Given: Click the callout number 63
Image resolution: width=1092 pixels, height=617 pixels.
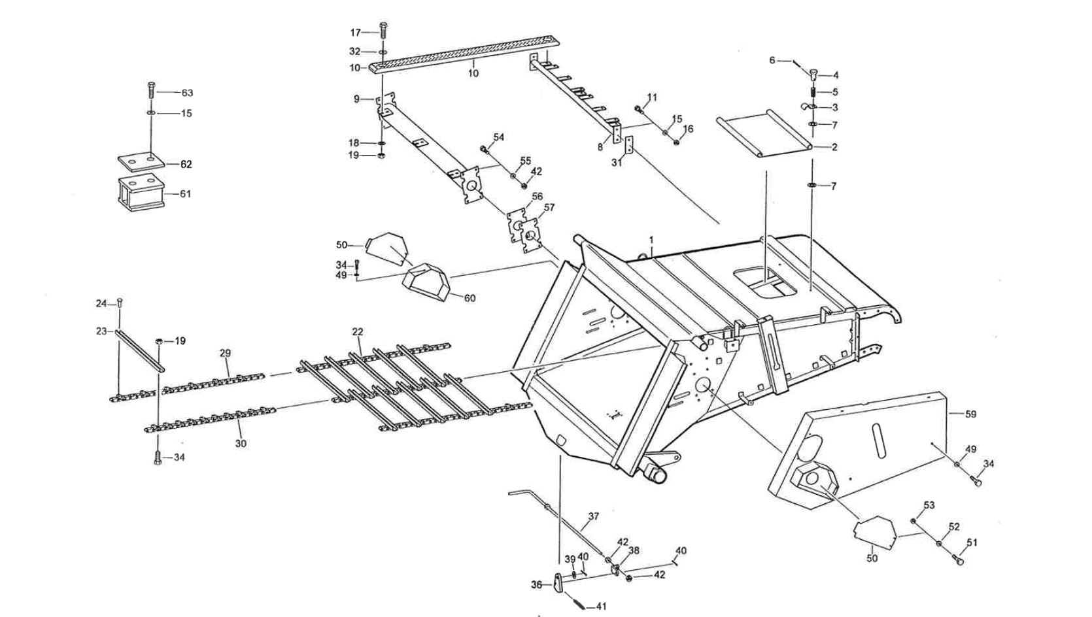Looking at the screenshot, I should [x=187, y=93].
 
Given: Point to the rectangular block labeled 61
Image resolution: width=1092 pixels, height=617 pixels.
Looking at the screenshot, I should [x=140, y=194].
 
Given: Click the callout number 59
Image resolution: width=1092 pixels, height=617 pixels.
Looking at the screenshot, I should [x=970, y=414].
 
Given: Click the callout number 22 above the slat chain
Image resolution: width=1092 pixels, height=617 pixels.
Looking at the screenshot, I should [x=357, y=332].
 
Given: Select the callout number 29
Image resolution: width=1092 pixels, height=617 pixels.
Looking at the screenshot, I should [x=225, y=353].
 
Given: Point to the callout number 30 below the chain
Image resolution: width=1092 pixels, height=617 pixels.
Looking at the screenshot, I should [x=241, y=443].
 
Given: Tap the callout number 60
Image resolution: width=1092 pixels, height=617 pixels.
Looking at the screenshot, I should [x=469, y=298].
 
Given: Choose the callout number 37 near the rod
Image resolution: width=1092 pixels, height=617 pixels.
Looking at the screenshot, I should [x=593, y=516].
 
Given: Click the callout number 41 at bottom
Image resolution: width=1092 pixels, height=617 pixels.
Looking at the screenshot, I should [x=601, y=607].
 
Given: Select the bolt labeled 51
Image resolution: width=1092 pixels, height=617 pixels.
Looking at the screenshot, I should [x=959, y=559].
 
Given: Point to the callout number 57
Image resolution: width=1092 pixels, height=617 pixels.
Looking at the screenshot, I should [x=549, y=207].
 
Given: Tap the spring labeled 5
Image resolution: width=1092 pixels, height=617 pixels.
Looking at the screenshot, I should [x=814, y=93].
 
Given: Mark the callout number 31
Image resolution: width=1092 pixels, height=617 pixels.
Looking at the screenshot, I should [x=616, y=163].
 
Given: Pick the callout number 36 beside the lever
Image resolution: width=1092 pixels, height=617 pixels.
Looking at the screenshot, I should [x=536, y=585].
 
